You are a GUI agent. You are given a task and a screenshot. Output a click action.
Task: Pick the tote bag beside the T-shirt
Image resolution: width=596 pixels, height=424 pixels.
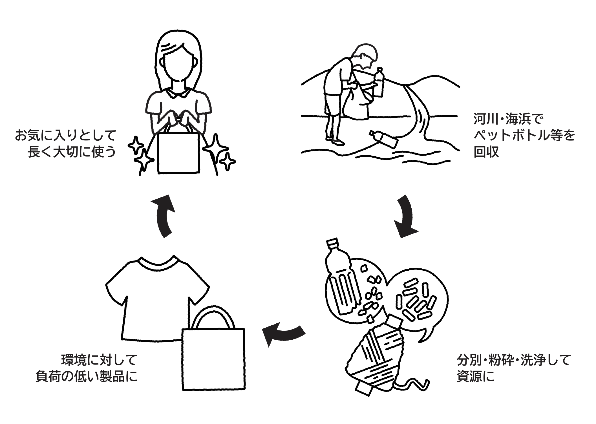point(213,352)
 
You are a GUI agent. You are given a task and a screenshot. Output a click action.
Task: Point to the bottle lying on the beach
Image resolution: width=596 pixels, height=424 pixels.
point(384,139)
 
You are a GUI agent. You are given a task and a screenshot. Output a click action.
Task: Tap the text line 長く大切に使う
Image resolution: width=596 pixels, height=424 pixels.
point(72,152)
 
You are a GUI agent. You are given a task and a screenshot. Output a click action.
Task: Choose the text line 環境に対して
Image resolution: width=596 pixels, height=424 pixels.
point(99,360)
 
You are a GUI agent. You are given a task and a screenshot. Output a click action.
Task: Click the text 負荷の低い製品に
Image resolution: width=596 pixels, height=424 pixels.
point(86,376)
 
